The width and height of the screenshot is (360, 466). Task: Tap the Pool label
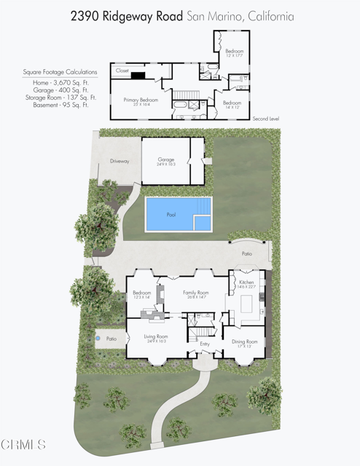point(171,216)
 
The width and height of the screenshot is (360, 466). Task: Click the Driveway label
point(120,161)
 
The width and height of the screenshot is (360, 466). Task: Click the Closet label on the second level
point(122,71)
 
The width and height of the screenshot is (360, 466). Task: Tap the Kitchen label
point(246,283)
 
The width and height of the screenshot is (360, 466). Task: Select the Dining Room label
point(245,341)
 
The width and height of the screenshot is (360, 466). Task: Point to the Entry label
point(205,344)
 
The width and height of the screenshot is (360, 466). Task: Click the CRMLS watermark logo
point(24,443)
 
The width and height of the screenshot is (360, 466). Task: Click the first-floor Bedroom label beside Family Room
point(141,293)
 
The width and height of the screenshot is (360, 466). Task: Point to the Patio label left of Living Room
point(111,339)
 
